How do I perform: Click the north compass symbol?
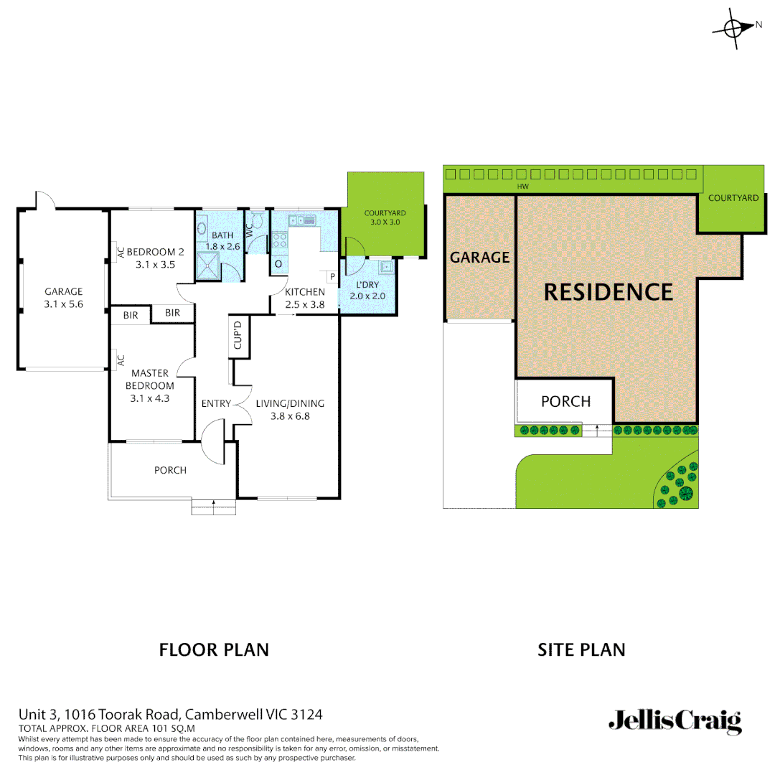pyautogui.click(x=733, y=29)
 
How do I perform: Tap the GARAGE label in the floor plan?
pyautogui.click(x=63, y=298)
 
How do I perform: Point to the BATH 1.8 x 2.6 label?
pyautogui.click(x=222, y=241)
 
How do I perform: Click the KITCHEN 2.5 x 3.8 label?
pyautogui.click(x=305, y=298)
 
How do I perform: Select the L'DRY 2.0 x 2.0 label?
pyautogui.click(x=364, y=291)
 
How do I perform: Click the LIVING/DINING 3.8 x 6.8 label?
pyautogui.click(x=290, y=409)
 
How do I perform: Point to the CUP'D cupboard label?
pyautogui.click(x=239, y=336)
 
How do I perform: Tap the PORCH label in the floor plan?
pyautogui.click(x=170, y=470)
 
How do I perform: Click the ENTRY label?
pyautogui.click(x=216, y=403)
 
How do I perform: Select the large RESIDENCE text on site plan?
pyautogui.click(x=609, y=292)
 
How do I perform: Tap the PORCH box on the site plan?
pyautogui.click(x=565, y=401)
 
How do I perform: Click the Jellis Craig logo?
pyautogui.click(x=675, y=721)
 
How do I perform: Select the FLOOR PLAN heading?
pyautogui.click(x=214, y=650)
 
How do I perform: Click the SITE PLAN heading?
pyautogui.click(x=581, y=650)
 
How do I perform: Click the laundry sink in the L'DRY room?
pyautogui.click(x=386, y=267)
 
